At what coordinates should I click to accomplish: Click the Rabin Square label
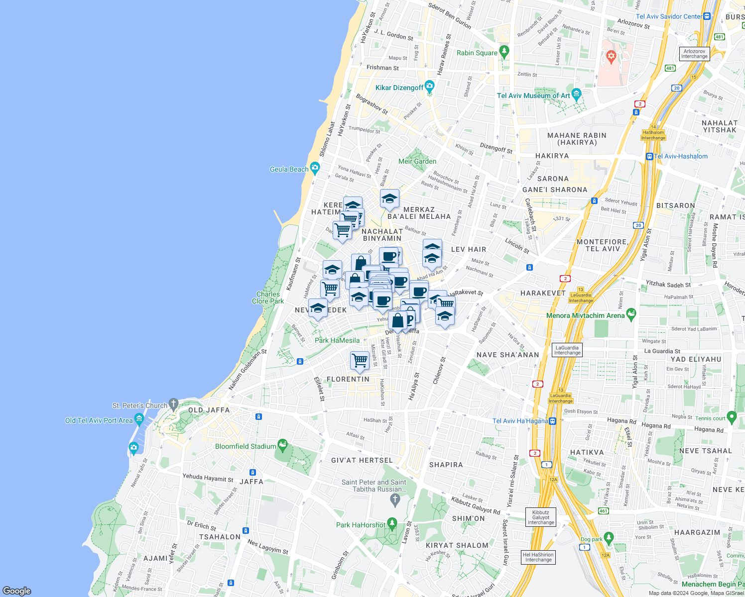[x=477, y=53]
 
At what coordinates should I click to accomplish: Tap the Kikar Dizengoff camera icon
[x=430, y=86]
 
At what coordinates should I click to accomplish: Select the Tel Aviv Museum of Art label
[x=533, y=96]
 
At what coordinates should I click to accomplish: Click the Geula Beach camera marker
[x=315, y=168]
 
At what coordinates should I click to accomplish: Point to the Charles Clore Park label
[x=268, y=298]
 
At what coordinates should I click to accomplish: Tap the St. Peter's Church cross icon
[x=173, y=403]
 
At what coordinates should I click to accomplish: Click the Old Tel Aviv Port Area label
[x=99, y=420]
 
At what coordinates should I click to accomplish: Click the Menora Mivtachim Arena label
[x=585, y=315]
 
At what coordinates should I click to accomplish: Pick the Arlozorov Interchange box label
[x=694, y=54]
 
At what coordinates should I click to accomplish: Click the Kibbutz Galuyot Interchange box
[x=540, y=517]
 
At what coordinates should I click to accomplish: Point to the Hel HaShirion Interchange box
[x=538, y=557]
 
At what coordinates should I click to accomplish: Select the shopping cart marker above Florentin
[x=360, y=360]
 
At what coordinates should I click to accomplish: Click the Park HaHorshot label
[x=361, y=525]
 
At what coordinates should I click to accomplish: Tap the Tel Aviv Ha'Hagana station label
[x=520, y=421]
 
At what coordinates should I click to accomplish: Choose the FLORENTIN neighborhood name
[x=348, y=379]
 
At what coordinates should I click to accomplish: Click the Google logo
[x=17, y=591]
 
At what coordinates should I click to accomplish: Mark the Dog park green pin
[x=609, y=538]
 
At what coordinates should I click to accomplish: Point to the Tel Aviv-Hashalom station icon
[x=649, y=156]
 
